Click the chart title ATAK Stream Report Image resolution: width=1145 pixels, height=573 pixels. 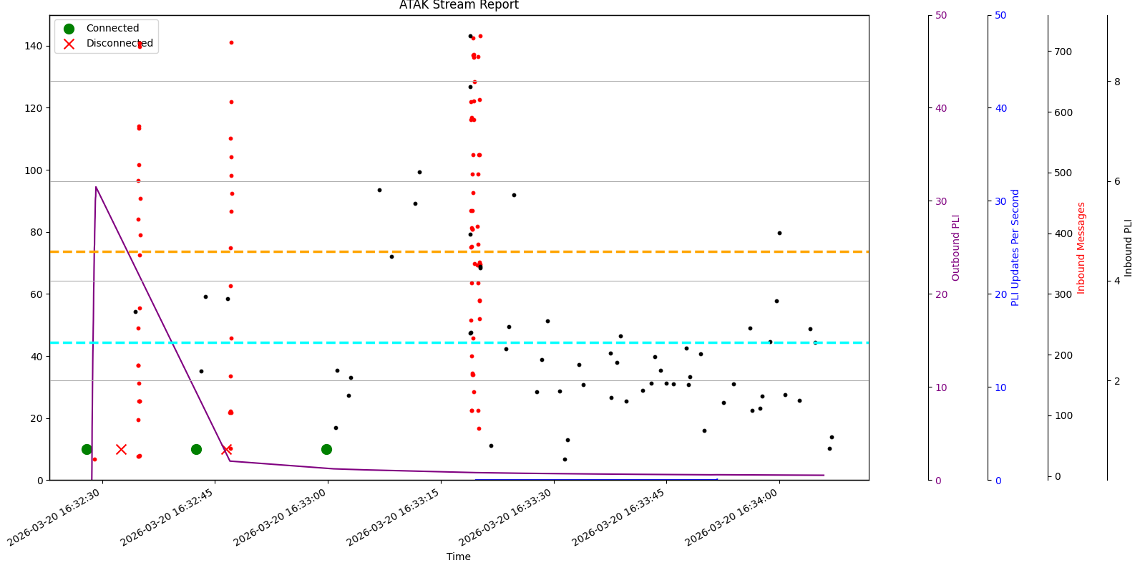459,6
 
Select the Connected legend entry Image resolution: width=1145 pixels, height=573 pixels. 112,29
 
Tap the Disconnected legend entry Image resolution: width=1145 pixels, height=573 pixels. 120,44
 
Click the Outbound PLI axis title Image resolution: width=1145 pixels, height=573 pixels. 956,248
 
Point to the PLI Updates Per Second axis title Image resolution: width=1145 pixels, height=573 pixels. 1015,248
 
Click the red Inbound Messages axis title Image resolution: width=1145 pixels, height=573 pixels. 1081,248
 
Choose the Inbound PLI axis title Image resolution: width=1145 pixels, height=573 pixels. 1129,248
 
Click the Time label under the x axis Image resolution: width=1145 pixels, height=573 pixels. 459,557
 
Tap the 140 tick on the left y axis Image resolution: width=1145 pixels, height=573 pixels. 33,46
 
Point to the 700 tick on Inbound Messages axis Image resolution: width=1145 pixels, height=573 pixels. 1063,52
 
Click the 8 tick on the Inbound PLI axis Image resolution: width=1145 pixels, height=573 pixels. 1117,82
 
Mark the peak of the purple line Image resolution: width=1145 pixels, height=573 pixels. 96,187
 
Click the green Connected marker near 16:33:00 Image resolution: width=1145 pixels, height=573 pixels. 326,449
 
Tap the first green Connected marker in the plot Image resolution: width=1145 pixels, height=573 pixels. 87,449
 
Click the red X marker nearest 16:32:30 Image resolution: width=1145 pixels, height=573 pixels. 121,449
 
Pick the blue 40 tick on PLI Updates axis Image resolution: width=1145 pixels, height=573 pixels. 1001,108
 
